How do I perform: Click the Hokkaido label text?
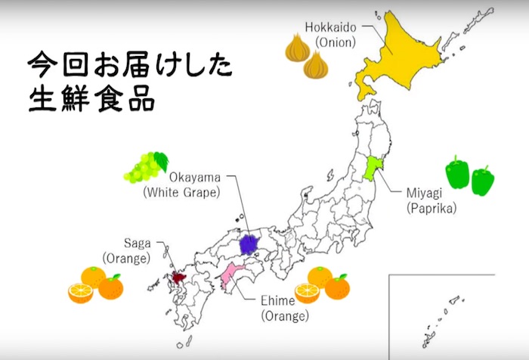330,27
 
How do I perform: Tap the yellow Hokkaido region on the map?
408,53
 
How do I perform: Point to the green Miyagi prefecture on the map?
372,166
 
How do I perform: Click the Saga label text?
137,244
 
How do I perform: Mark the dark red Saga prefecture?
178,277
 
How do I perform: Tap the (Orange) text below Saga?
127,258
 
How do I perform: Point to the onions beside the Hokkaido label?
306,57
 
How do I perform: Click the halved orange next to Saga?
80,293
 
